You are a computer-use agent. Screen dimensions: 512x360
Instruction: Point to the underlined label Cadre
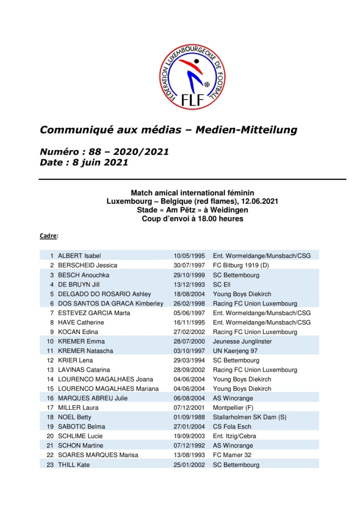pos(48,235)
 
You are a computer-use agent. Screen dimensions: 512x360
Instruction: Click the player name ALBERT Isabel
pos(79,256)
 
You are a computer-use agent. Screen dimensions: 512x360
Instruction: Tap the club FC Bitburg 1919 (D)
pos(242,265)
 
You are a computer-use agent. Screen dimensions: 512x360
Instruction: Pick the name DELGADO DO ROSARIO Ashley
pos(104,294)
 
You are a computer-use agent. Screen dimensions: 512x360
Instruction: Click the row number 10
pos(50,341)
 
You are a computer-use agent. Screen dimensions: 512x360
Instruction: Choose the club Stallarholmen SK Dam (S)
pos(252,417)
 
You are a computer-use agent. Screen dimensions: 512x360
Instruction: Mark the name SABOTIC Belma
pos(79,427)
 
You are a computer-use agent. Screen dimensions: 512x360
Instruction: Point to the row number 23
pos(50,465)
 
